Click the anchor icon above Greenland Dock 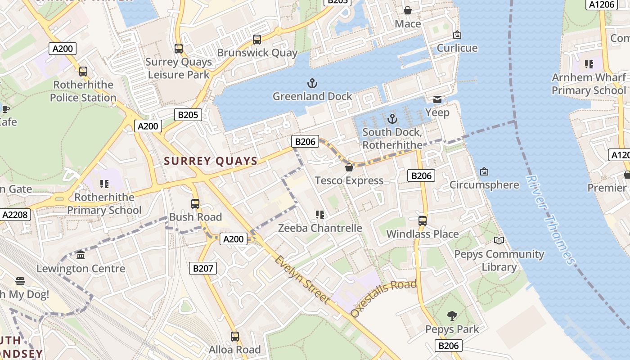pos(312,83)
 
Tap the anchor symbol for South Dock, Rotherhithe pos(392,119)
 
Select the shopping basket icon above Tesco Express pos(349,167)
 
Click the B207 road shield pos(202,269)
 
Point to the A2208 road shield pos(15,215)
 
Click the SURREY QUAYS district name pos(211,161)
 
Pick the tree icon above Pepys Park pos(452,316)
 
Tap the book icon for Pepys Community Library pos(499,240)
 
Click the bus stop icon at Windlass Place pos(422,220)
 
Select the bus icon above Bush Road pos(195,203)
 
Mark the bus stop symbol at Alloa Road pos(234,336)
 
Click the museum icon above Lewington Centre pos(81,255)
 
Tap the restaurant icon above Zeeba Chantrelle pos(320,215)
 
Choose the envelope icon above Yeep pos(437,99)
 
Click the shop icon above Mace pos(408,10)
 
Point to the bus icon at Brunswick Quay pos(256,40)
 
